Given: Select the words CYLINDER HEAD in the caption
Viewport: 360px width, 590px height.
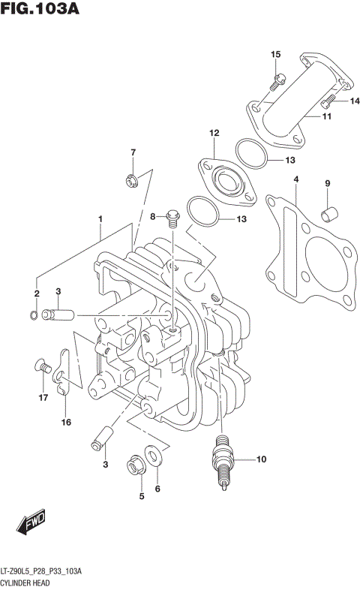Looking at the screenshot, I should click(x=31, y=583).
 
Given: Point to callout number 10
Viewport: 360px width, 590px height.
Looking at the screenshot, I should click(x=261, y=459).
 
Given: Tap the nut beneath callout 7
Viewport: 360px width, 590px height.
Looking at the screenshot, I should click(x=132, y=179).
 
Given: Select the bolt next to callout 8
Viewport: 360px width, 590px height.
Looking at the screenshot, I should click(x=172, y=217).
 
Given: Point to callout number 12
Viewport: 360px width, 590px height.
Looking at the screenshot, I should click(x=214, y=133).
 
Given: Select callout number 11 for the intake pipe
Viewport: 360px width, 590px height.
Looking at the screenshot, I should click(x=327, y=116).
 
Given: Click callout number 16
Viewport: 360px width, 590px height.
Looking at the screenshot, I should click(x=66, y=423).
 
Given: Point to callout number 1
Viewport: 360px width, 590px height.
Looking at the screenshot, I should click(x=98, y=218).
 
